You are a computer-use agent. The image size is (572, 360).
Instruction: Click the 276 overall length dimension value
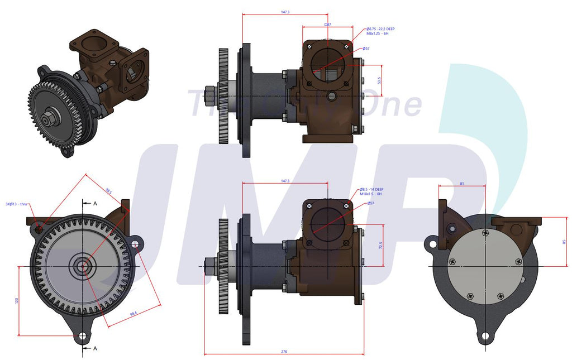point(284,352)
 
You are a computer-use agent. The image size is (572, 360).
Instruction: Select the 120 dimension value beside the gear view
point(17,300)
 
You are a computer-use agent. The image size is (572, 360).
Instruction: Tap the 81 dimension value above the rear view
point(462,183)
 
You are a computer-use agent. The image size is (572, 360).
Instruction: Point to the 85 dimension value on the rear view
point(564,242)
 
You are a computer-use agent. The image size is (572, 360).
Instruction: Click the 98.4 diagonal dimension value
point(133,314)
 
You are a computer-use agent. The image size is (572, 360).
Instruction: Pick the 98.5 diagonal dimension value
point(108,192)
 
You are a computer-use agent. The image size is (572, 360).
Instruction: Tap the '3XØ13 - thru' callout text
point(17,204)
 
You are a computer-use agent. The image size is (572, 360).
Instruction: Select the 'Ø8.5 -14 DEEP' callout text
point(371,190)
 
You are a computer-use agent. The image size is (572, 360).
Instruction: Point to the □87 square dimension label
point(327,25)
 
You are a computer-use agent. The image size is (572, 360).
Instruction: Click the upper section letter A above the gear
point(95,204)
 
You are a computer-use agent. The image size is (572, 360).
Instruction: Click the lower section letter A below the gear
point(95,348)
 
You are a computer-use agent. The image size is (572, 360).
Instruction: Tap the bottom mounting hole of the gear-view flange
point(83,336)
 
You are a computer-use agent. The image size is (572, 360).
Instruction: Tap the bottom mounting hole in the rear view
point(485,336)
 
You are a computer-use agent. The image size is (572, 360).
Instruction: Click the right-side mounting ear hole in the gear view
point(135,243)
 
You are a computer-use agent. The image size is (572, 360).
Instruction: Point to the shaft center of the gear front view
point(83,266)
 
